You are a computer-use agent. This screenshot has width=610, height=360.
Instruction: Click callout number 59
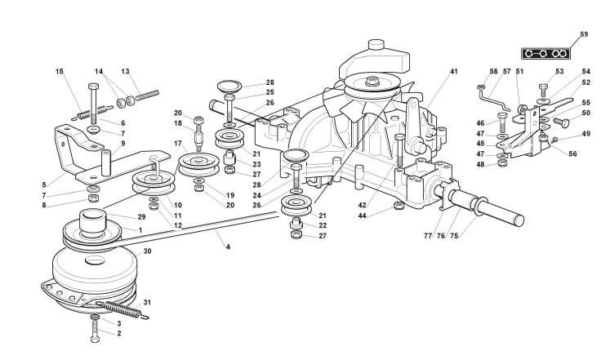point(584,34)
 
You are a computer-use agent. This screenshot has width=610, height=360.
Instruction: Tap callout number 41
point(453,72)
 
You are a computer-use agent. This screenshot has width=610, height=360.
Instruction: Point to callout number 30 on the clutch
point(147,252)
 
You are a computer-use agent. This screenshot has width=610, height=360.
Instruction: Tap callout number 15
point(60,72)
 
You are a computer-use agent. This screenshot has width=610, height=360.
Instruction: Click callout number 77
point(427,237)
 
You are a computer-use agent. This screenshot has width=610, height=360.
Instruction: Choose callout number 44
point(362,216)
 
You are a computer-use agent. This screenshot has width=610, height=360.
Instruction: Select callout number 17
point(176,144)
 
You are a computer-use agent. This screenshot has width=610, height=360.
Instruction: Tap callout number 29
point(142,217)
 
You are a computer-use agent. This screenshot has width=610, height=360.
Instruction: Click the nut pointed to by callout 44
point(397,205)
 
